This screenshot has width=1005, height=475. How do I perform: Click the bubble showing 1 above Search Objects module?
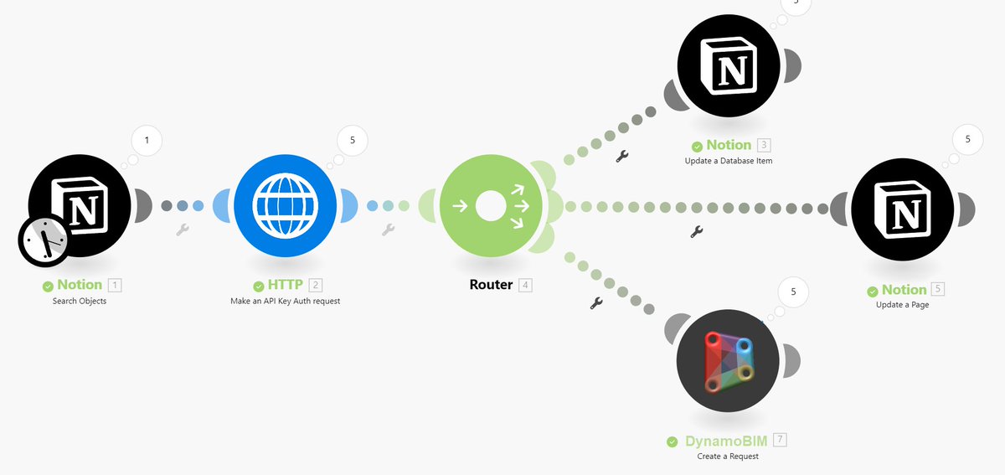pyautogui.click(x=147, y=140)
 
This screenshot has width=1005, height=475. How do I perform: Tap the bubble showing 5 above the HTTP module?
pyautogui.click(x=352, y=140)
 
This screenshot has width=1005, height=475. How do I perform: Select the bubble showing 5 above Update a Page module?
pyautogui.click(x=967, y=139)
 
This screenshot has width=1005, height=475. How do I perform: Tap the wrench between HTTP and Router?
pyautogui.click(x=388, y=229)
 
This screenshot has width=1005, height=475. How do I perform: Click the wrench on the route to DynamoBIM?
pyautogui.click(x=596, y=302)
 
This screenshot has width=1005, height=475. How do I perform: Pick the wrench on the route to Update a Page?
pyautogui.click(x=696, y=231)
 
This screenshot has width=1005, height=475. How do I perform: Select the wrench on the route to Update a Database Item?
pyautogui.click(x=621, y=156)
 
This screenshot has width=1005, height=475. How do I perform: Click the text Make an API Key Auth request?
pyautogui.click(x=285, y=301)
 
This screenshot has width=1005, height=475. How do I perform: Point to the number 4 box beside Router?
pyautogui.click(x=525, y=285)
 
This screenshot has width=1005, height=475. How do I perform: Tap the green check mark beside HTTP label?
pyautogui.click(x=259, y=286)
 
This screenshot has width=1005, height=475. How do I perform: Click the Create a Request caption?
pyautogui.click(x=728, y=457)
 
